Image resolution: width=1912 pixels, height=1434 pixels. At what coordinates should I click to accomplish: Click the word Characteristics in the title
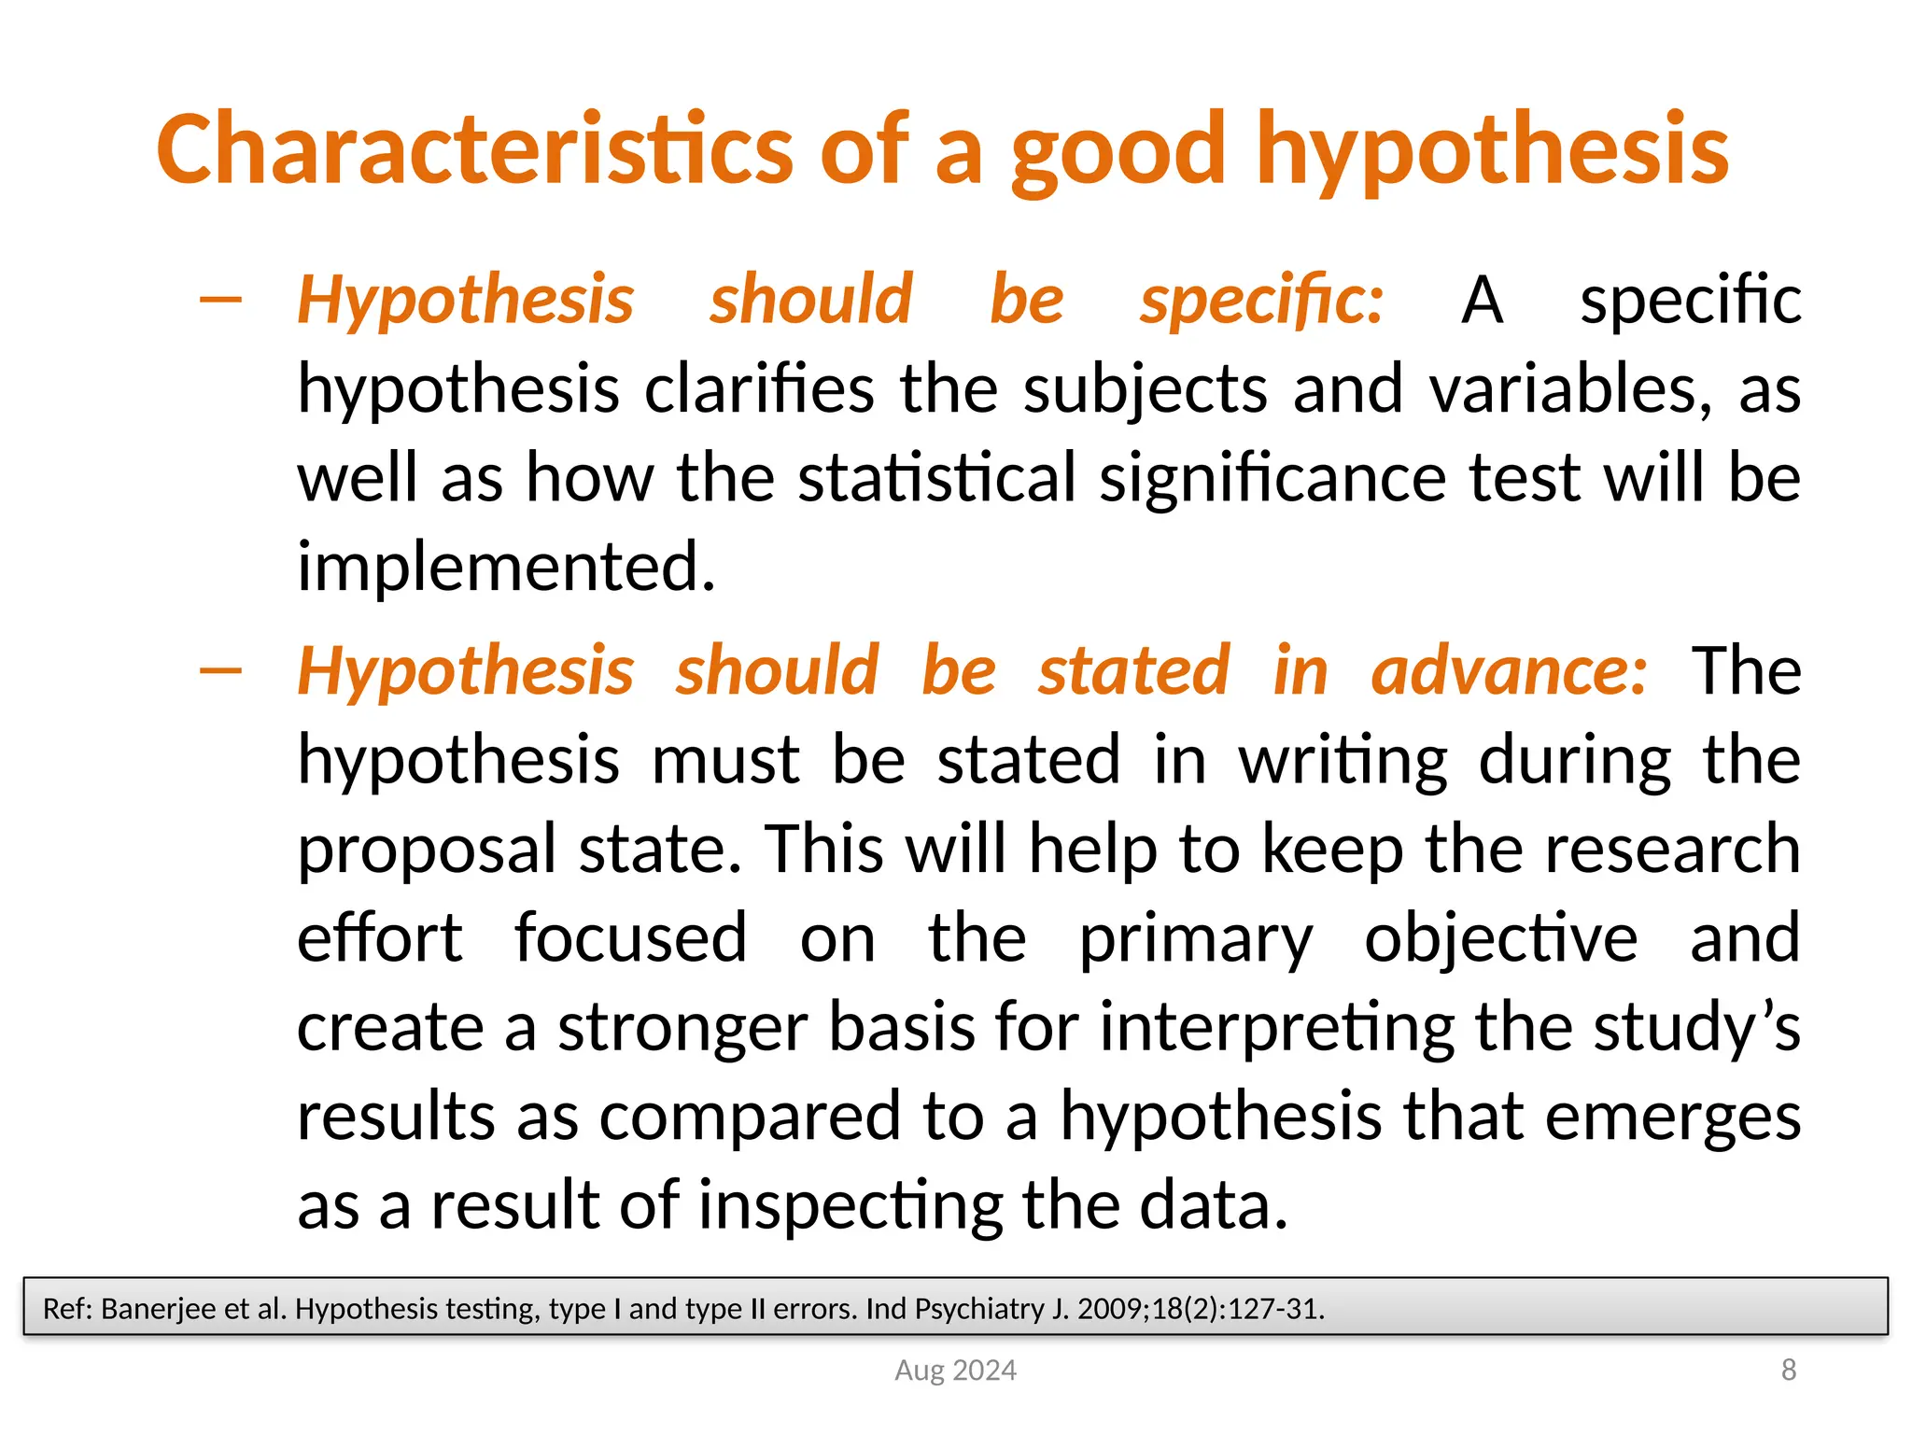coord(474,149)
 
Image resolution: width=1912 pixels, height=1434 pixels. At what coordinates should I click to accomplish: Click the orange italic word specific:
coord(1261,301)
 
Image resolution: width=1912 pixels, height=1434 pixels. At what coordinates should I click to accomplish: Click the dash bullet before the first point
coord(221,300)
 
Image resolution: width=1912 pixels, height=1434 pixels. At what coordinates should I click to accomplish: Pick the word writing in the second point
coord(1343,761)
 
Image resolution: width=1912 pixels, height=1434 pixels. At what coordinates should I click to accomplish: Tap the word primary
coord(1195,939)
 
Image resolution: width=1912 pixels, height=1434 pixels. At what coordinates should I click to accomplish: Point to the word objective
coord(1500,939)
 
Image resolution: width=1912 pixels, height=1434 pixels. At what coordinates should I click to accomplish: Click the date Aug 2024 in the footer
coord(955,1370)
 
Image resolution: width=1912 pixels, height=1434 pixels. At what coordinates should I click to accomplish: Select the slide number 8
coord(1788,1370)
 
